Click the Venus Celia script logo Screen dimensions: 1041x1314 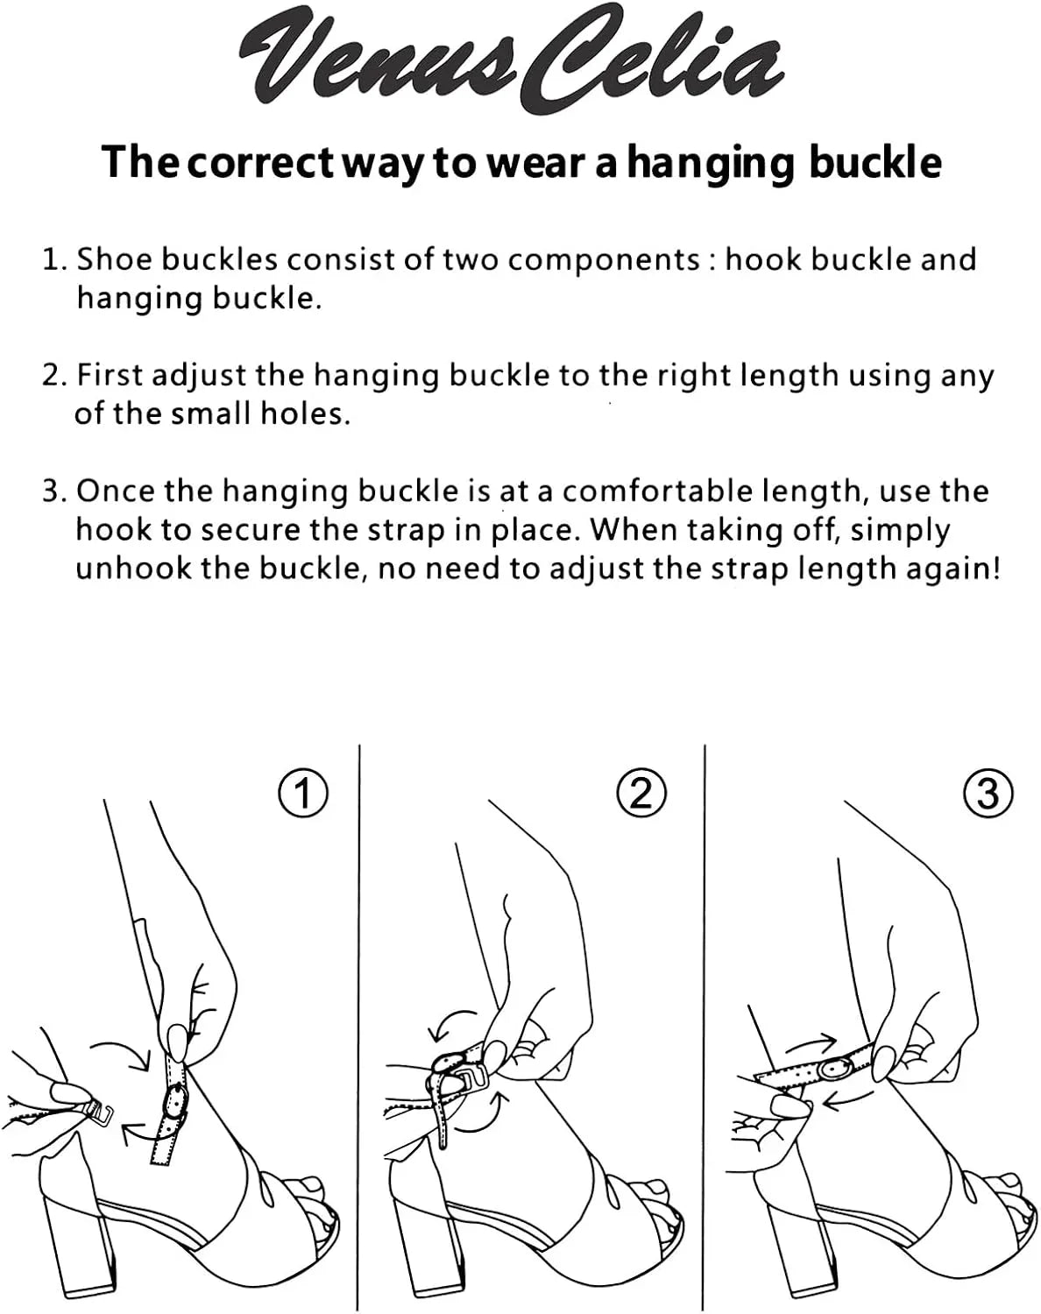512,61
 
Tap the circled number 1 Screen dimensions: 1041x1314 303,793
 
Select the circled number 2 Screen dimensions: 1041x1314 641,793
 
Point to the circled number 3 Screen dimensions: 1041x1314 988,793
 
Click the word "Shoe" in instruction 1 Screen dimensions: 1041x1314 115,259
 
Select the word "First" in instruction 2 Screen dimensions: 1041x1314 110,374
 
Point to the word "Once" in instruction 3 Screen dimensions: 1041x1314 116,491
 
